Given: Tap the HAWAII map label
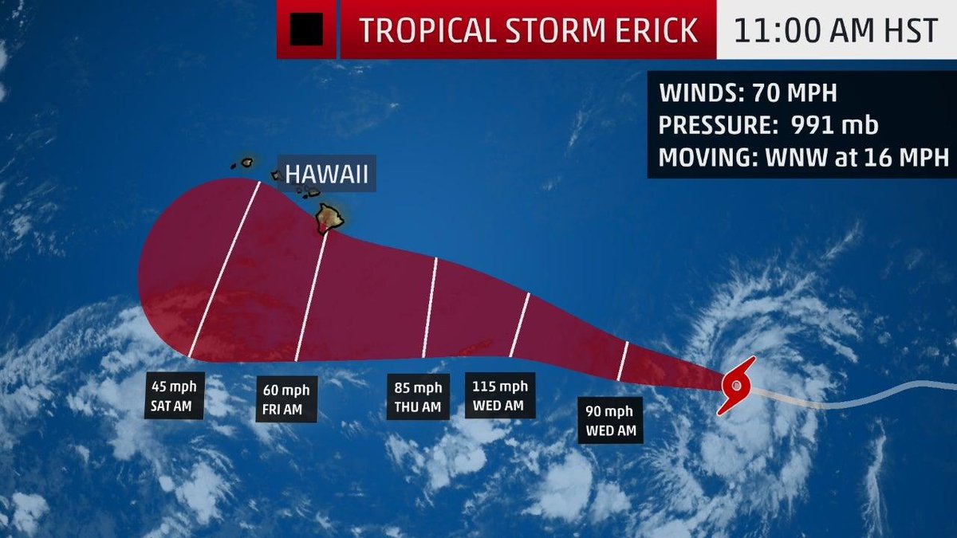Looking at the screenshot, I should click(327, 175).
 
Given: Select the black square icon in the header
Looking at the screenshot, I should click(306, 29).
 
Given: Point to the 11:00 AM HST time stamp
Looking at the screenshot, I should click(836, 29).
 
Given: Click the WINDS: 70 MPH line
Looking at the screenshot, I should click(748, 93).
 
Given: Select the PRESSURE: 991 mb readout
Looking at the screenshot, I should click(769, 125).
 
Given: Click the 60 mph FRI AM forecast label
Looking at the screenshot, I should click(286, 400).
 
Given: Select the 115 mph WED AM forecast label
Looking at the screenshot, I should click(498, 395).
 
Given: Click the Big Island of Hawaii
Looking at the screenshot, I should click(329, 218).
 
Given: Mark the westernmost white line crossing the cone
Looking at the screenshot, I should click(225, 269).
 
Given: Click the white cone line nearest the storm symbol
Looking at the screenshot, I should click(623, 360).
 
